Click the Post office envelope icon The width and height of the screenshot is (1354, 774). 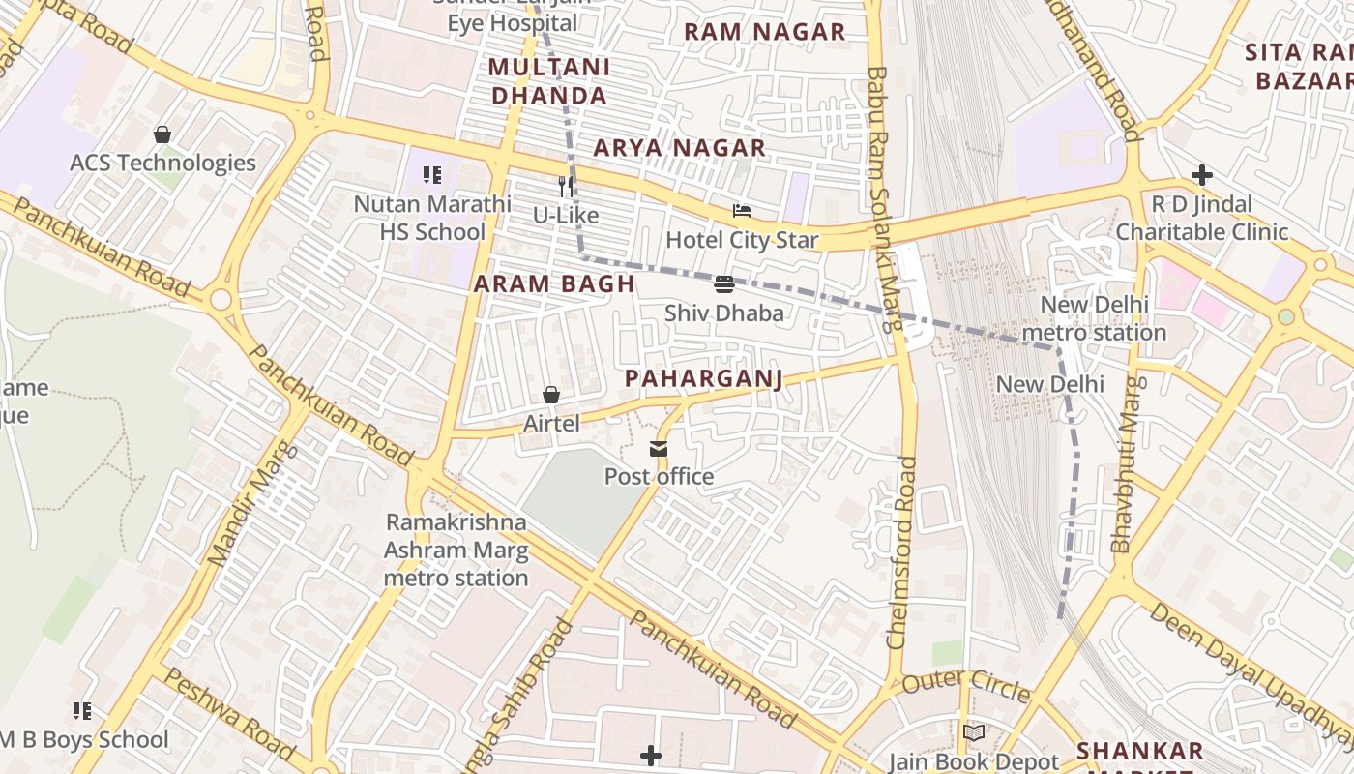pyautogui.click(x=659, y=448)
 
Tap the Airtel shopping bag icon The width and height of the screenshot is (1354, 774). pyautogui.click(x=551, y=395)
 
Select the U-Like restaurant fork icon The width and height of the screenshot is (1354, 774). pyautogui.click(x=567, y=186)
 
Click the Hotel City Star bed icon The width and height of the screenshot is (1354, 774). pyautogui.click(x=742, y=211)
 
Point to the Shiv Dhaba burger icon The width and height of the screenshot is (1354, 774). pyautogui.click(x=724, y=283)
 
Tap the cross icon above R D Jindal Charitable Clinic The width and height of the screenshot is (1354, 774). pyautogui.click(x=1202, y=175)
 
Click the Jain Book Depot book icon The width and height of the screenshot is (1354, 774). pyautogui.click(x=973, y=732)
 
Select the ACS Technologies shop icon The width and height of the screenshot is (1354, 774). pyautogui.click(x=162, y=134)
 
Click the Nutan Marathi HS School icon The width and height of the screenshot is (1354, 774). pyautogui.click(x=432, y=175)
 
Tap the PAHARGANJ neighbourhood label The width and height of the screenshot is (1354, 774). pyautogui.click(x=703, y=378)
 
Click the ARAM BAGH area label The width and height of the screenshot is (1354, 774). pyautogui.click(x=554, y=283)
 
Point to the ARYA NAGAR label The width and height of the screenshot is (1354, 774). pyautogui.click(x=679, y=148)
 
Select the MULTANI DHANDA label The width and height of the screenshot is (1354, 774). pyautogui.click(x=549, y=81)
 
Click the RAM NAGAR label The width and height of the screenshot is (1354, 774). pyautogui.click(x=764, y=31)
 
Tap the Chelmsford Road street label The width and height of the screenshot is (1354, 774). pyautogui.click(x=901, y=551)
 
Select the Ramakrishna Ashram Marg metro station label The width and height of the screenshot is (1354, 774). pyautogui.click(x=456, y=551)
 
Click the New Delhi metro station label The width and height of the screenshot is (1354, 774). pyautogui.click(x=1094, y=318)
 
